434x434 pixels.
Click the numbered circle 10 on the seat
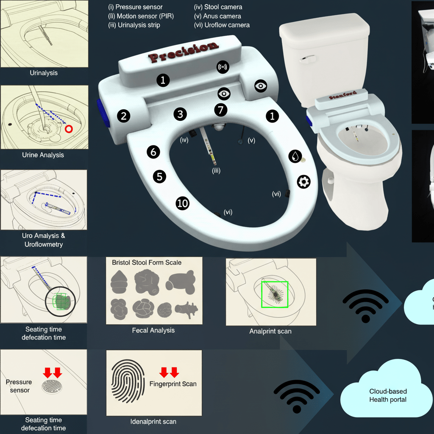pyautogui.click(x=182, y=203)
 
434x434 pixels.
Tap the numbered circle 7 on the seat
pyautogui.click(x=220, y=110)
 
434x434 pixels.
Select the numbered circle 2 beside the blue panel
pyautogui.click(x=123, y=116)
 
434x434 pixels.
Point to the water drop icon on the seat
pyautogui.click(x=295, y=156)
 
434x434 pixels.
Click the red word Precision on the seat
pyautogui.click(x=184, y=53)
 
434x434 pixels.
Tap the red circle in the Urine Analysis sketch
pyautogui.click(x=69, y=129)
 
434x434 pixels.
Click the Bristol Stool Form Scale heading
pyautogui.click(x=147, y=262)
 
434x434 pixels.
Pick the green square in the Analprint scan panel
pyautogui.click(x=274, y=294)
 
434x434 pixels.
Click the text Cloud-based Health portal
pyautogui.click(x=387, y=395)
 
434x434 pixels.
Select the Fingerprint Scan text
pyautogui.click(x=173, y=384)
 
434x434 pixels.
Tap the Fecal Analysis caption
pyautogui.click(x=153, y=330)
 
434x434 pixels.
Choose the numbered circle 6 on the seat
pyautogui.click(x=153, y=152)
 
